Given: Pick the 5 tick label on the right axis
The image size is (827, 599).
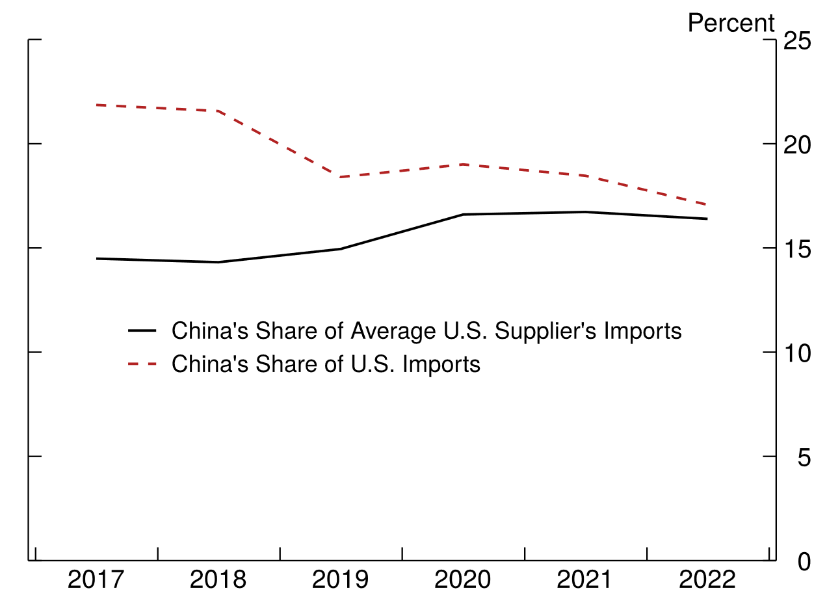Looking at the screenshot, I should (804, 457).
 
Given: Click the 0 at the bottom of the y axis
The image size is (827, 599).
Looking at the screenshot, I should (804, 561).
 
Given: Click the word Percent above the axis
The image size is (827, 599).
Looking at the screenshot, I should (731, 23).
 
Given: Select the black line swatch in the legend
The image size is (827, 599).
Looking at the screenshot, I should (142, 331).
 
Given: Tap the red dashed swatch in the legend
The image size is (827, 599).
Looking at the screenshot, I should (142, 364).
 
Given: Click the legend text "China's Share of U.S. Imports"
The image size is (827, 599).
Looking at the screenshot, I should (326, 364).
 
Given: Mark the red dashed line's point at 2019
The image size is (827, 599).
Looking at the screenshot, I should (341, 177).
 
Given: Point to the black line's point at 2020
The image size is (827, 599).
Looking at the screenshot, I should (464, 214).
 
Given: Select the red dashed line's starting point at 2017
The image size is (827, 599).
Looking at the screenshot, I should (97, 105).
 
